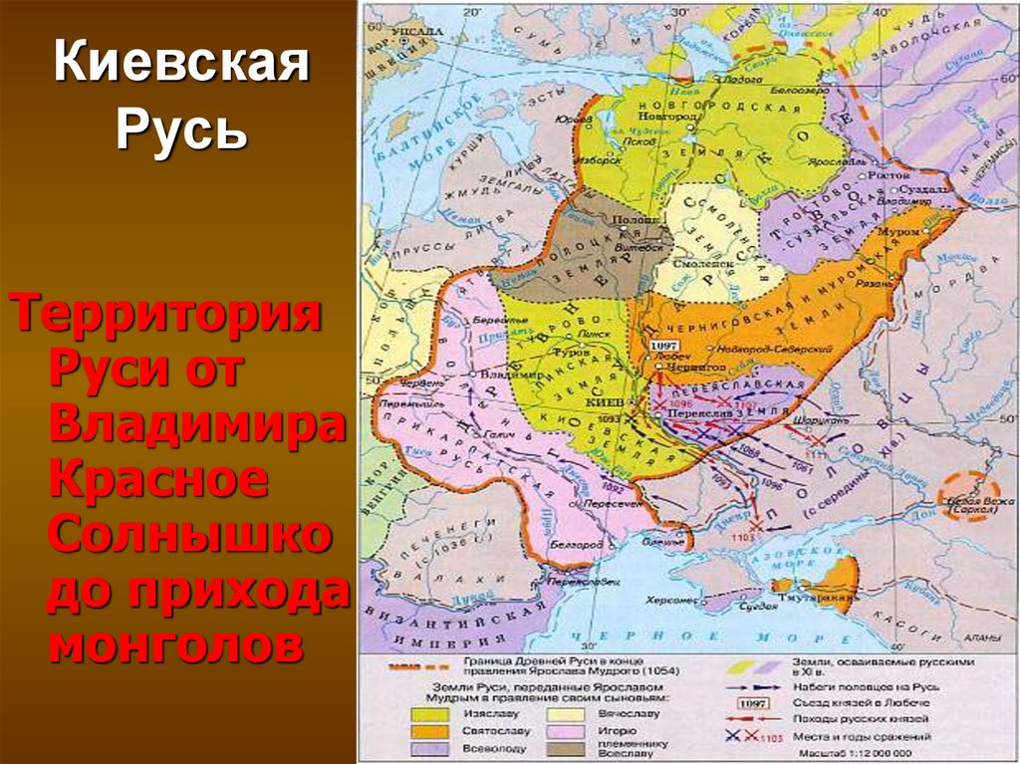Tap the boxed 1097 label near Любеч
(662, 344)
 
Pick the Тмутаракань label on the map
(823, 599)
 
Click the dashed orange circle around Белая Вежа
(968, 495)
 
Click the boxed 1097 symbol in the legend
(752, 702)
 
